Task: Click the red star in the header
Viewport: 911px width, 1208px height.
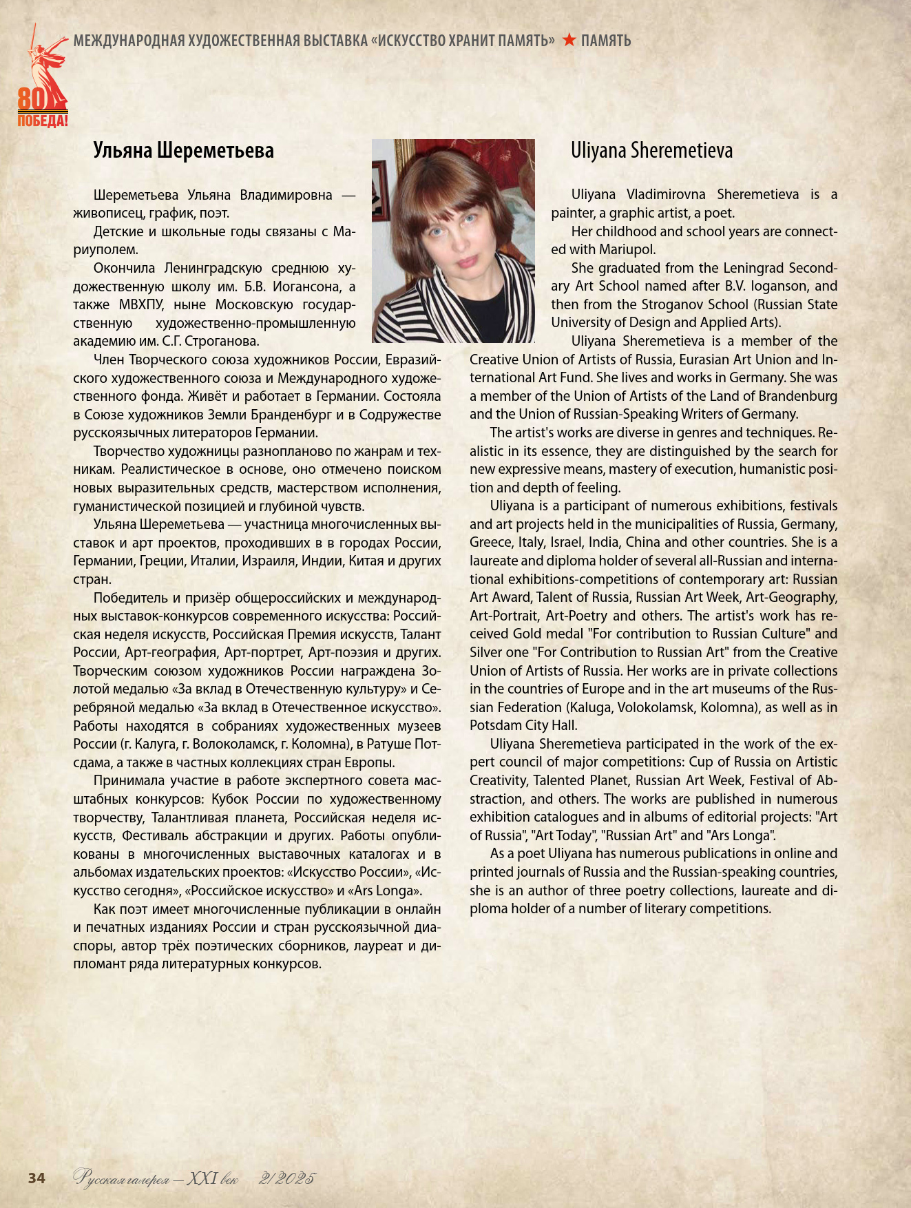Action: (x=569, y=41)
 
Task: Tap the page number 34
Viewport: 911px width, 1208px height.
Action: (x=36, y=1178)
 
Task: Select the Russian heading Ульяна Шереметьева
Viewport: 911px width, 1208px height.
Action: (x=183, y=151)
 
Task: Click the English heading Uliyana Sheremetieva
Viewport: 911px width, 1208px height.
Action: (x=651, y=151)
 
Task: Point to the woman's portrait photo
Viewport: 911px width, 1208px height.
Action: (x=453, y=241)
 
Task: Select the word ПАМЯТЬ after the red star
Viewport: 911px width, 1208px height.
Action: (x=606, y=41)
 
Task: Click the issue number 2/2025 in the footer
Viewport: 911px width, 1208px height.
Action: (x=286, y=1178)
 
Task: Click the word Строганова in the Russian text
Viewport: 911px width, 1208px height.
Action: (x=222, y=341)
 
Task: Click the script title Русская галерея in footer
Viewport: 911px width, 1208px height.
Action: (x=121, y=1179)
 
